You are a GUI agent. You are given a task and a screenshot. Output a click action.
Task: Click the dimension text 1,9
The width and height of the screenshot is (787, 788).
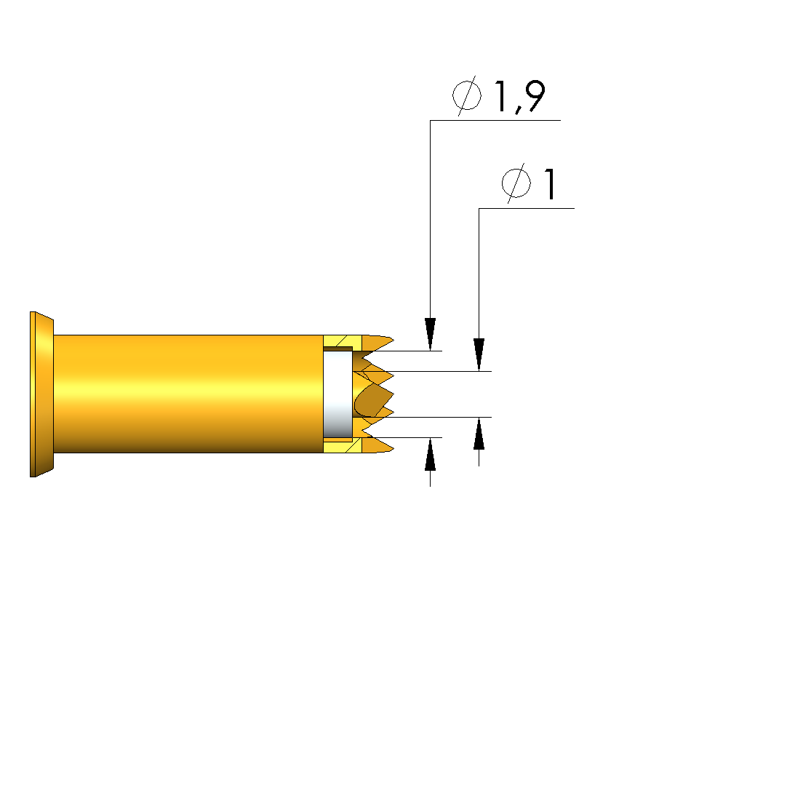pyautogui.click(x=520, y=96)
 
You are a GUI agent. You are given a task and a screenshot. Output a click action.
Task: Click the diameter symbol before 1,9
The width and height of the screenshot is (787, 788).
pyautogui.click(x=467, y=95)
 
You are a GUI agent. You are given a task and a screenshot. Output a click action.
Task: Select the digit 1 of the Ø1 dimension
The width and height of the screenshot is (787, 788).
pyautogui.click(x=551, y=184)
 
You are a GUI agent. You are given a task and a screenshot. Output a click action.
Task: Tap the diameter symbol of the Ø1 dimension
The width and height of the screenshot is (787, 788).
pyautogui.click(x=516, y=183)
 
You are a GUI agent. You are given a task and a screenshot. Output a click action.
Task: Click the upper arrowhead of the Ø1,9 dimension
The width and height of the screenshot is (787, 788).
pyautogui.click(x=430, y=334)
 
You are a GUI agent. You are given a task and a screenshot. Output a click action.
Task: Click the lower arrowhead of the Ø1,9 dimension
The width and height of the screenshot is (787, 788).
pyautogui.click(x=430, y=454)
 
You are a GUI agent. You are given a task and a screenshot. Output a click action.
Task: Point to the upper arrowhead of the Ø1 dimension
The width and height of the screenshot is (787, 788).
pyautogui.click(x=479, y=355)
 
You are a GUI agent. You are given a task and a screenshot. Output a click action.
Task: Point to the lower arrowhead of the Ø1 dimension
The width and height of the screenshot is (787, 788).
pyautogui.click(x=479, y=433)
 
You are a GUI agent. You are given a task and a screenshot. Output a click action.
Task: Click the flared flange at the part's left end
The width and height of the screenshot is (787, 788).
pyautogui.click(x=41, y=394)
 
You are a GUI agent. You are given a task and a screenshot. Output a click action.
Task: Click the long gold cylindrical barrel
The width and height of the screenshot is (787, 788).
pyautogui.click(x=188, y=394)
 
